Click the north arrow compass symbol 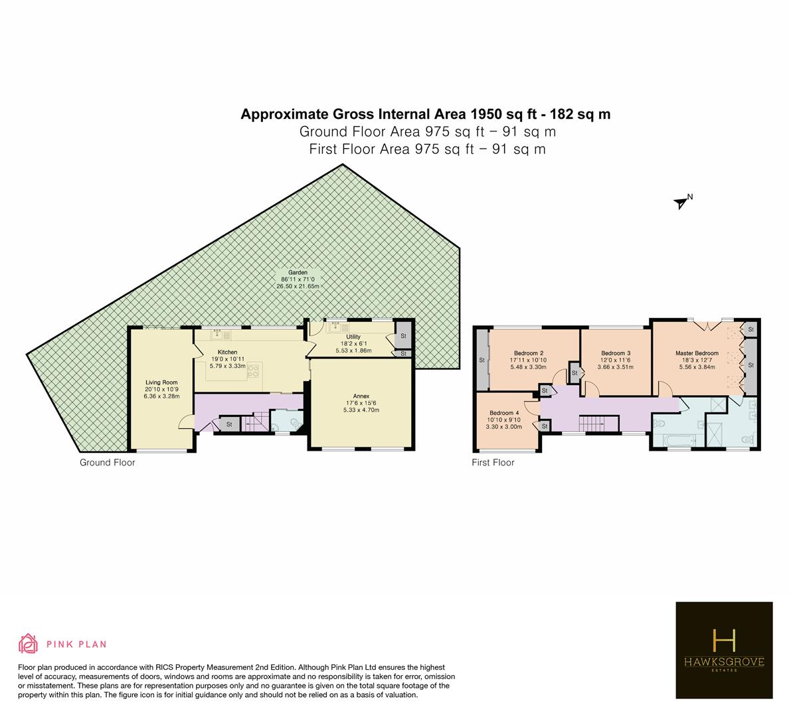point(681,202)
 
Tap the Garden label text point(298,273)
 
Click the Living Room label point(161,382)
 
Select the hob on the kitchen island point(253,372)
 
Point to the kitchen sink point(220,334)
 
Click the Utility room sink point(335,328)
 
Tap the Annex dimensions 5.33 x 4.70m point(361,410)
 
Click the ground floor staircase point(255,422)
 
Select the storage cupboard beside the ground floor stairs point(229,424)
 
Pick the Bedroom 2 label point(529,353)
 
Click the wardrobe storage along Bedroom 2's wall point(482,360)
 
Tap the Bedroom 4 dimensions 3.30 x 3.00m point(504,427)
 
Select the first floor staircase point(598,424)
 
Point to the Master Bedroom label point(697,353)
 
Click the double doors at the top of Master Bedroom point(708,325)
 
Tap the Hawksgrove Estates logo point(724,650)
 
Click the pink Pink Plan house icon point(29,643)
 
